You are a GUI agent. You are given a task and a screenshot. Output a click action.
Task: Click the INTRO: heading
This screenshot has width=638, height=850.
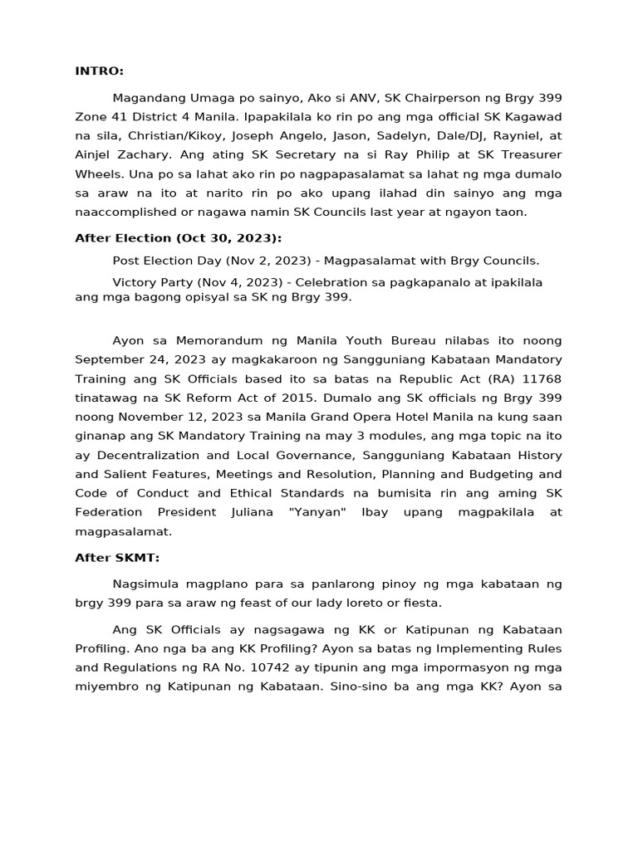pyautogui.click(x=99, y=71)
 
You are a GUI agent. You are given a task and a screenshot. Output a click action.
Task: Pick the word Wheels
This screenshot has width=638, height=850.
pyautogui.click(x=96, y=173)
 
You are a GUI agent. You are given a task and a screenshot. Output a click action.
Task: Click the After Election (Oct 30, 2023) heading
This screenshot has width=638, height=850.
pyautogui.click(x=178, y=238)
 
